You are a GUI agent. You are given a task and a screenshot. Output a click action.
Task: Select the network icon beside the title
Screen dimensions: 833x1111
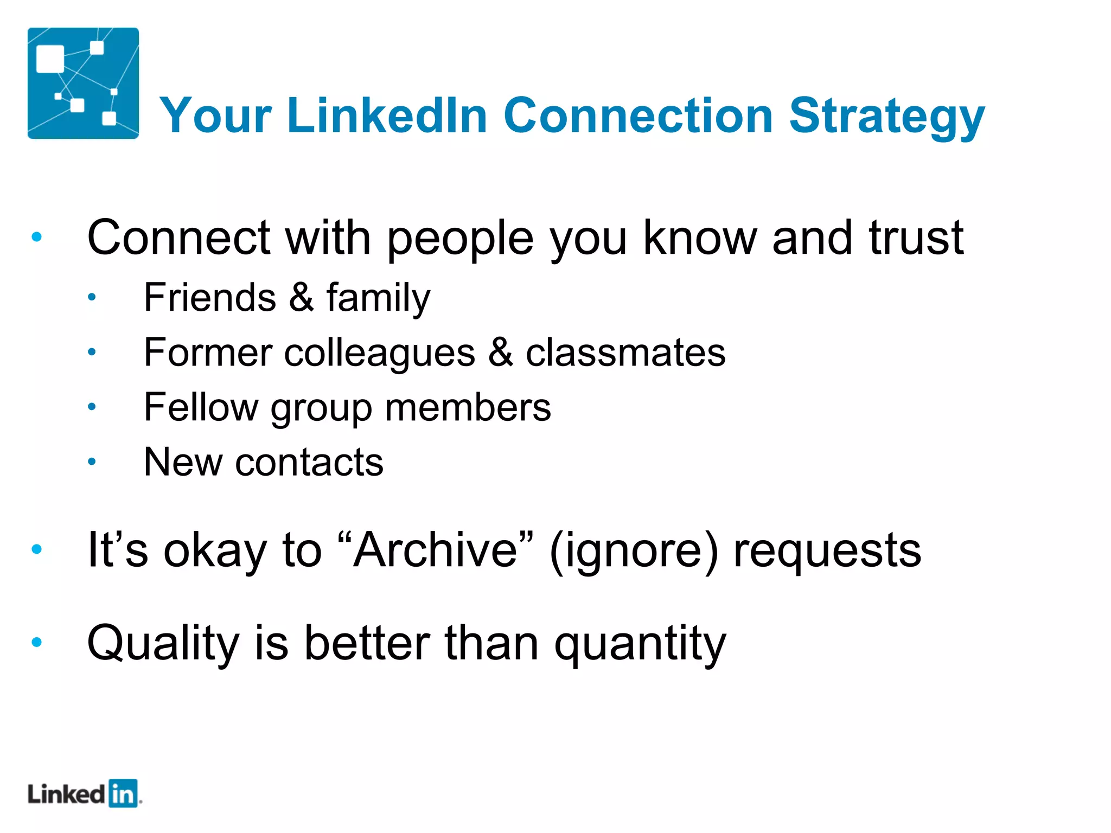[x=83, y=83]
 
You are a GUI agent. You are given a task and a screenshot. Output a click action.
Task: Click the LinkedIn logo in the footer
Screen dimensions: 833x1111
[x=84, y=794]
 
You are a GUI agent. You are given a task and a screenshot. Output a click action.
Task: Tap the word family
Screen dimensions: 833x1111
[x=378, y=298]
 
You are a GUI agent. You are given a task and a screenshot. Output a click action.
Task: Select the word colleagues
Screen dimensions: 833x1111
[x=380, y=354]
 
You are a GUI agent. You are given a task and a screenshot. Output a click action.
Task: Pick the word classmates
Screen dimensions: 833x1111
[x=625, y=353]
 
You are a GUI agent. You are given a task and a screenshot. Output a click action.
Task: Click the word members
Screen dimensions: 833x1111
[x=468, y=407]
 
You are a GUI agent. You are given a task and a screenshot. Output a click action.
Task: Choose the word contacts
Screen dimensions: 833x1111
[x=309, y=462]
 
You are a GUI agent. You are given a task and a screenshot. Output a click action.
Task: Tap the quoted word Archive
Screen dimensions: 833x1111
[x=436, y=550]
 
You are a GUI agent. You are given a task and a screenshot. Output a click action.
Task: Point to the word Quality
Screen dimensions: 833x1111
[x=163, y=644]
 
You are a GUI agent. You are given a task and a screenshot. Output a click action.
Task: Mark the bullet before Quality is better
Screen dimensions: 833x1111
[x=37, y=643]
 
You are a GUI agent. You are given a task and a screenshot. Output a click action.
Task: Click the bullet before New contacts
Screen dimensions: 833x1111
[x=92, y=462]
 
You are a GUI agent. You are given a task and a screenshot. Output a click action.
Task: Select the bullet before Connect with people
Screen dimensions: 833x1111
[x=37, y=236]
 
